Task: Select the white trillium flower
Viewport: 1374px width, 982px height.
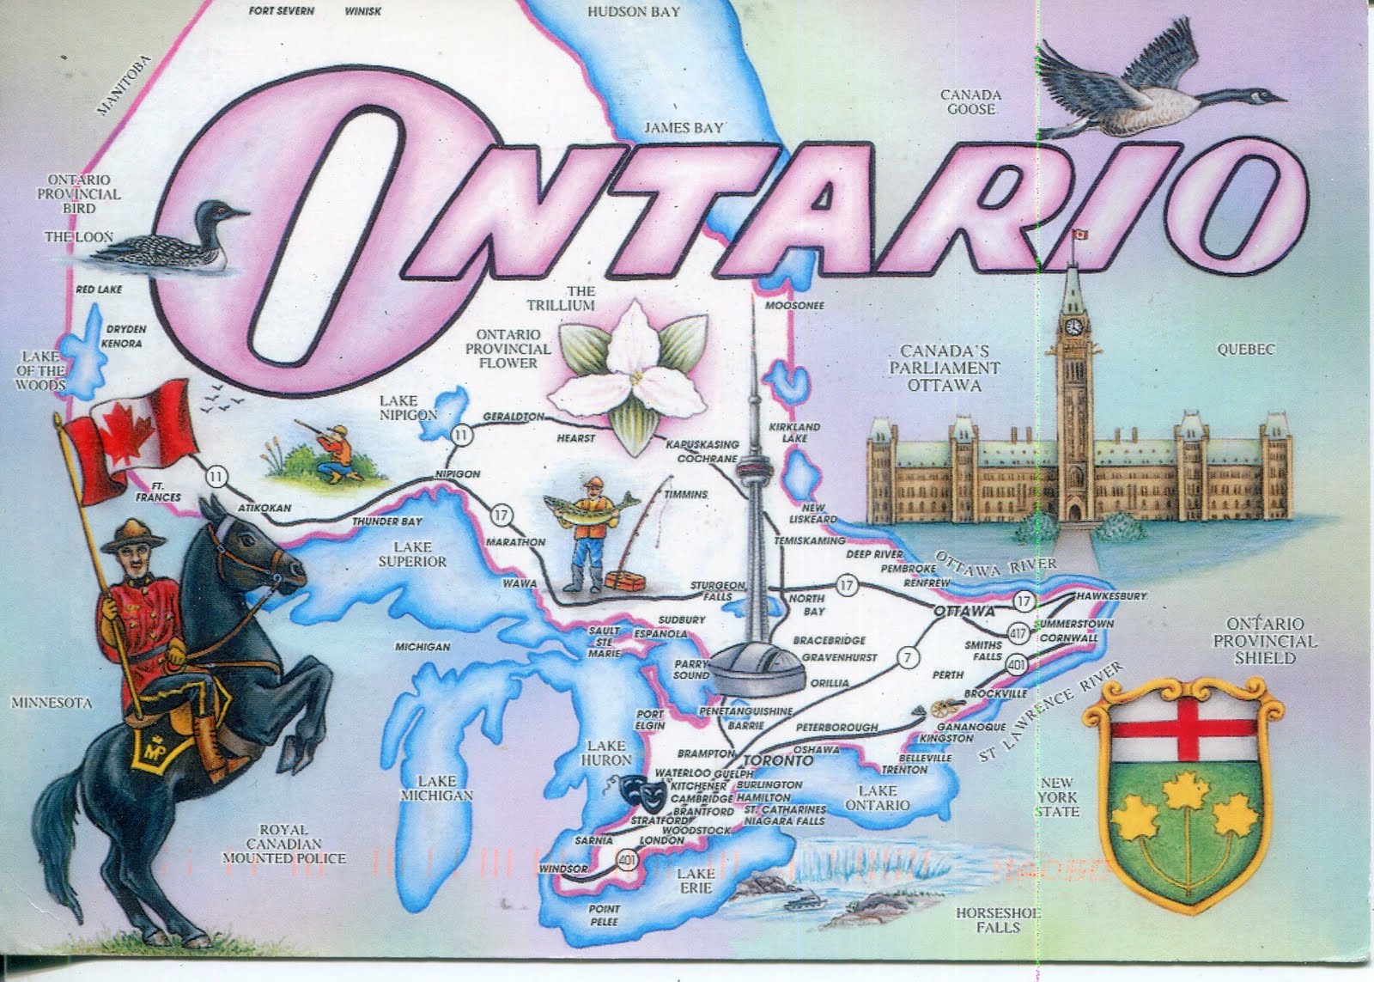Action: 634,369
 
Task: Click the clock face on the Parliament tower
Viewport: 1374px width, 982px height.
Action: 1073,326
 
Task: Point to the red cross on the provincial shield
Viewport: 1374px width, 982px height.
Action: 1185,727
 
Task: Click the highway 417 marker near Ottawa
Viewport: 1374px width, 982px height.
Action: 1018,634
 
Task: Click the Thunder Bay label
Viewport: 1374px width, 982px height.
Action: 386,521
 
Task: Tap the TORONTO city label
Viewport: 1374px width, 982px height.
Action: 777,760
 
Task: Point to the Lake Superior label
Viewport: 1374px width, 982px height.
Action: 412,554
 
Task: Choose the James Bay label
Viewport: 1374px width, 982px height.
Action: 684,128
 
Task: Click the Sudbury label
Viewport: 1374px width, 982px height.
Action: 681,619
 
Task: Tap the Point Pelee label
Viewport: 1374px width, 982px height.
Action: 604,915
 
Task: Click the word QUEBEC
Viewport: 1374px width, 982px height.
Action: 1245,349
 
